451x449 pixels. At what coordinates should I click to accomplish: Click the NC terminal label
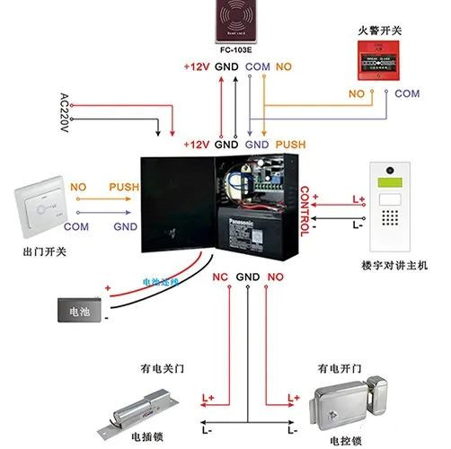pyautogui.click(x=219, y=277)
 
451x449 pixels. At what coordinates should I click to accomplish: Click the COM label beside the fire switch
pyautogui.click(x=407, y=93)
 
